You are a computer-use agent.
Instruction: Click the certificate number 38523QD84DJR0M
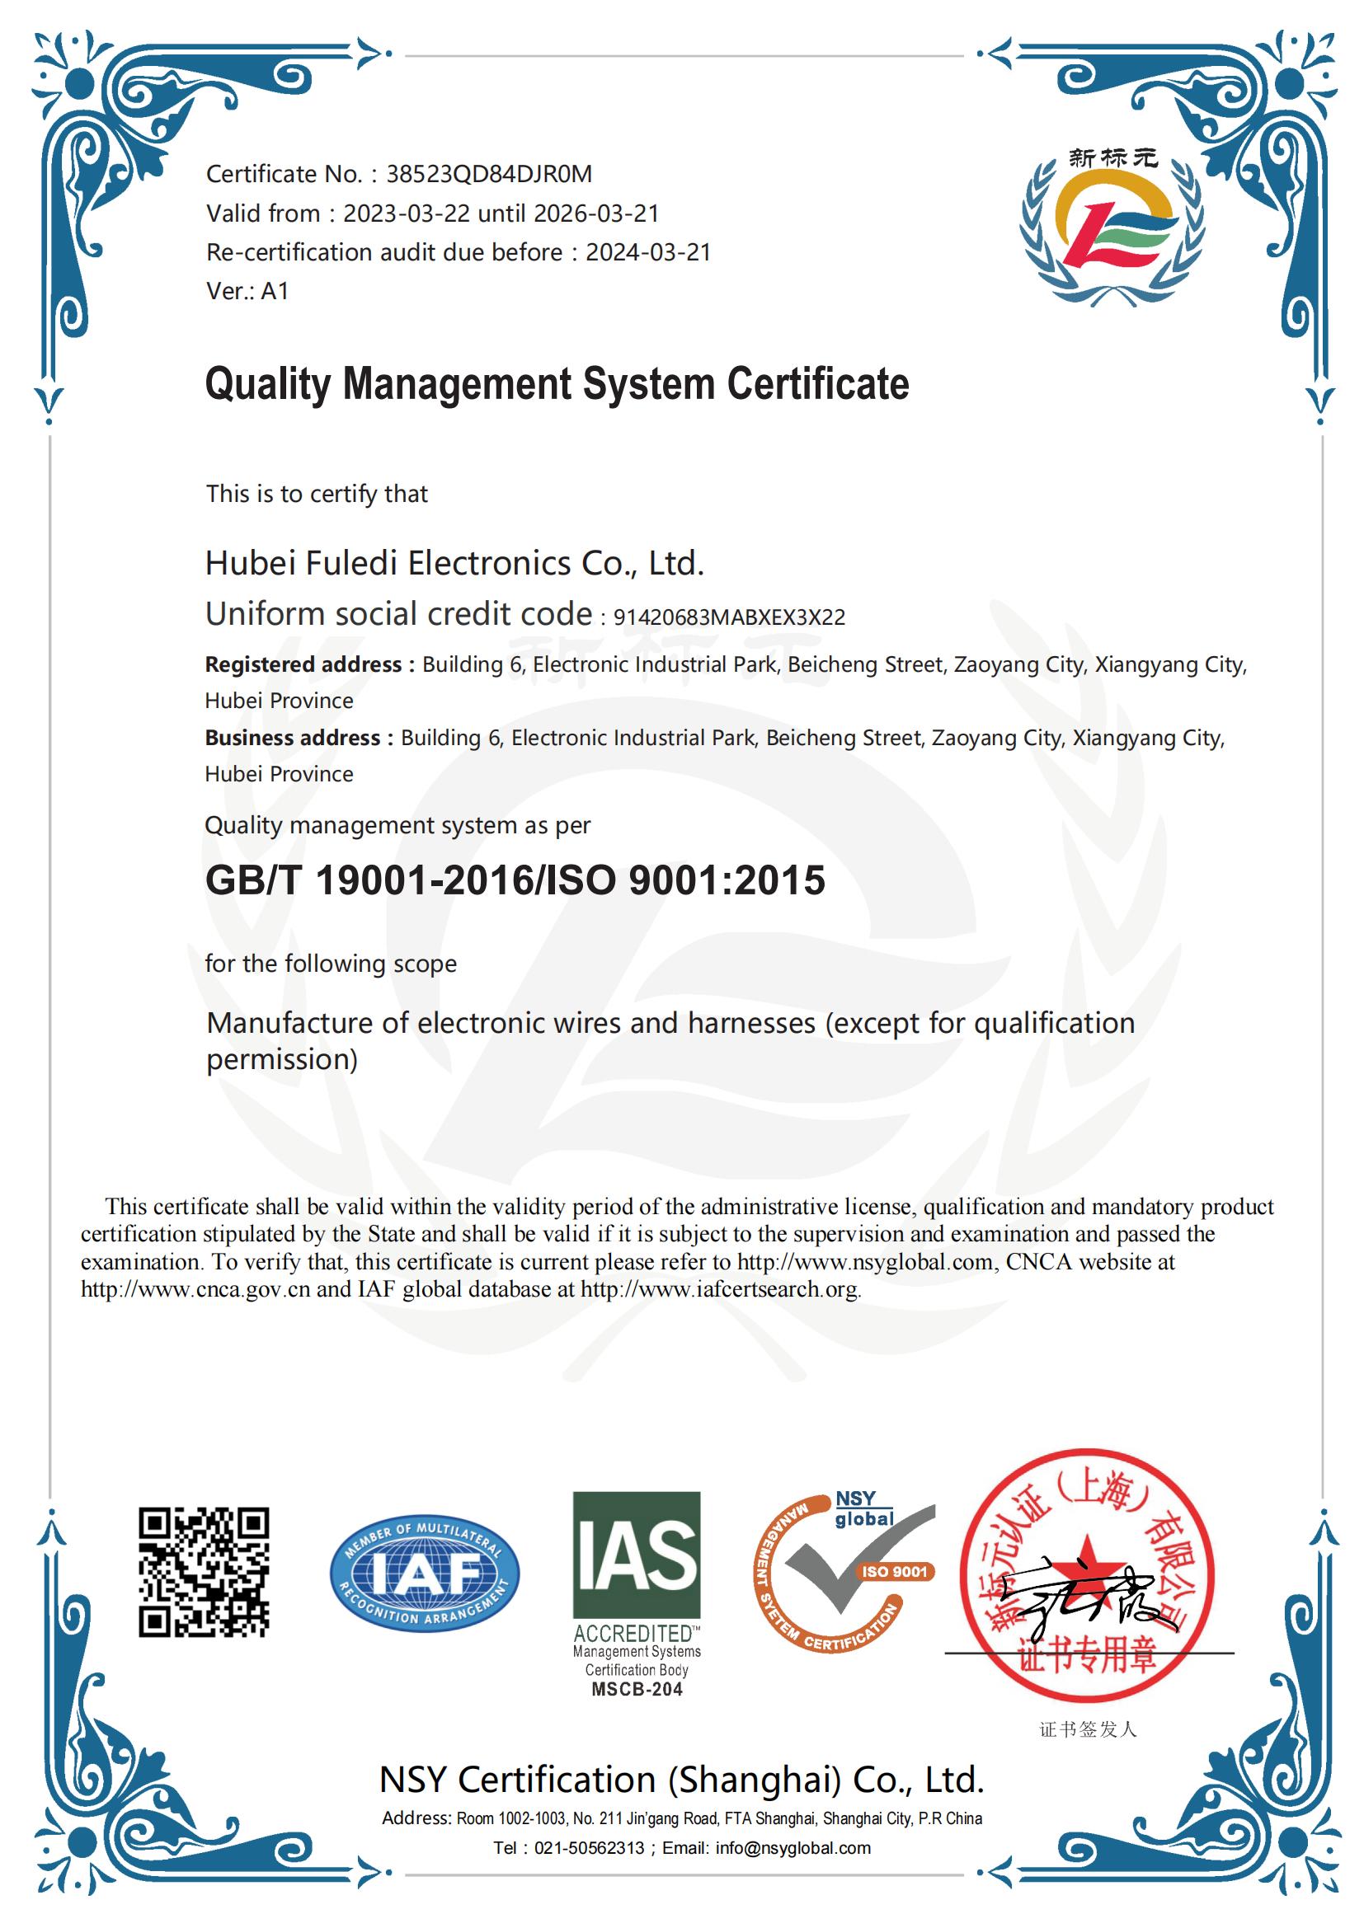(x=489, y=174)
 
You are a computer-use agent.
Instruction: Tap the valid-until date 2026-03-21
(x=596, y=213)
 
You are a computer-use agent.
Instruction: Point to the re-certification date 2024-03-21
(x=648, y=252)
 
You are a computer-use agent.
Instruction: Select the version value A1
(x=275, y=290)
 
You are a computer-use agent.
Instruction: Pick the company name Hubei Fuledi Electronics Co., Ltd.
(x=454, y=563)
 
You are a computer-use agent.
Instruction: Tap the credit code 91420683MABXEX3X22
(x=729, y=617)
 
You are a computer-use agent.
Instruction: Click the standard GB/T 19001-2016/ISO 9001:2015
(x=515, y=880)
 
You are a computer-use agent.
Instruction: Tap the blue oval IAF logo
(x=424, y=1573)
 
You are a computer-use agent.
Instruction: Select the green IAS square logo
(x=637, y=1555)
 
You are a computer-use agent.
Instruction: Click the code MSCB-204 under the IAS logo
(x=637, y=1690)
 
